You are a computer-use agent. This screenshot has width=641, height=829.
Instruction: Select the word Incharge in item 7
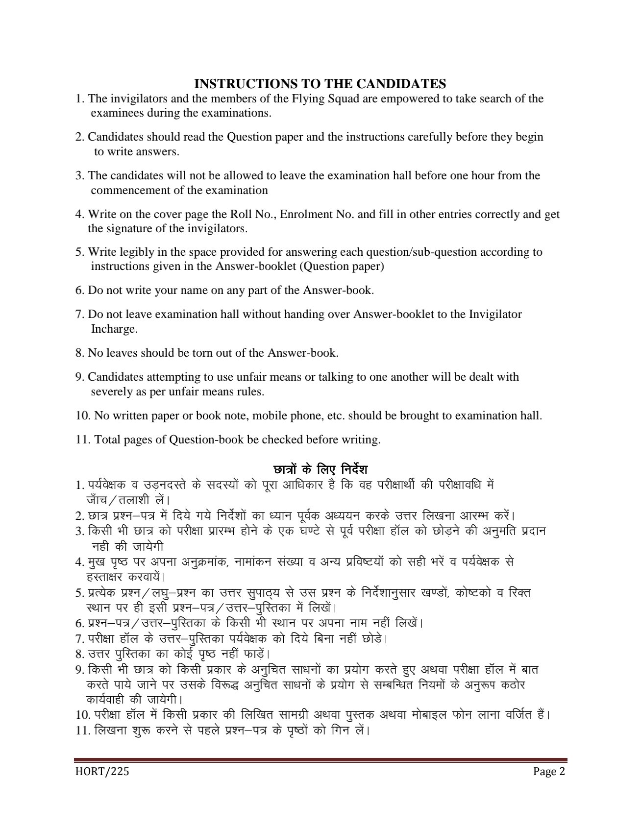[114, 329]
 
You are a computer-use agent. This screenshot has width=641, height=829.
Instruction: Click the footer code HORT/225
[101, 772]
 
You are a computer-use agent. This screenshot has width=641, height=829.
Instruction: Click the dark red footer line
[320, 760]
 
